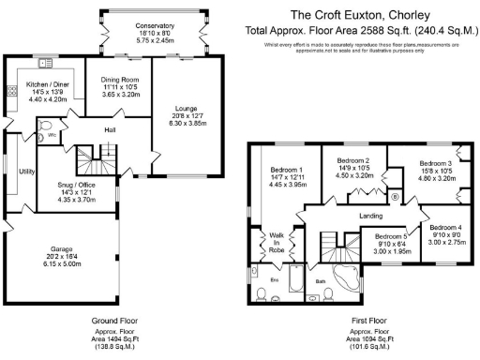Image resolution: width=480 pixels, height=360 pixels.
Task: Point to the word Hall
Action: pyautogui.click(x=109, y=130)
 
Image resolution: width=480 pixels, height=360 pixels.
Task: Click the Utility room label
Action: pyautogui.click(x=26, y=172)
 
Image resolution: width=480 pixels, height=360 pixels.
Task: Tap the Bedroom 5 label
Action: pyautogui.click(x=390, y=237)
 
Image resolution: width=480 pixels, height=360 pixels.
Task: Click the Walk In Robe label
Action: pyautogui.click(x=277, y=243)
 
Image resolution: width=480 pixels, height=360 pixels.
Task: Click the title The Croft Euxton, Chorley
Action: pyautogui.click(x=360, y=15)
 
